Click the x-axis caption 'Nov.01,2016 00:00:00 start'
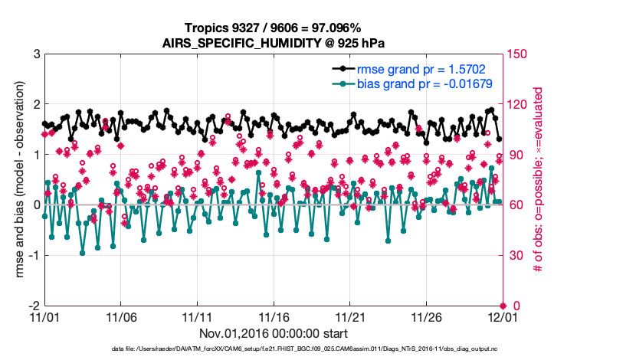(272, 334)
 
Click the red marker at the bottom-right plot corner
(502, 306)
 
